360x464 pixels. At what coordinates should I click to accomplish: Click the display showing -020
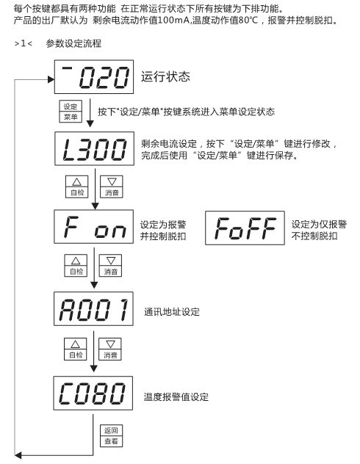[x=94, y=77]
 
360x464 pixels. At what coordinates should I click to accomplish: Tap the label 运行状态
[x=165, y=76]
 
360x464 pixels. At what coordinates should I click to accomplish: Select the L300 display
[x=95, y=148]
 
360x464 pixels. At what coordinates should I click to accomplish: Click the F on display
[x=93, y=227]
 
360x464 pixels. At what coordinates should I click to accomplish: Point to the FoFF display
[x=245, y=228]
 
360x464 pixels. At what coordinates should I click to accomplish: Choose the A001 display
[x=93, y=308]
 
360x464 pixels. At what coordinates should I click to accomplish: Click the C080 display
[x=93, y=394]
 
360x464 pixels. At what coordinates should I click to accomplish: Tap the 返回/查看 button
[x=111, y=436]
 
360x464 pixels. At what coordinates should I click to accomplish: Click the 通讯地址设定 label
[x=172, y=312]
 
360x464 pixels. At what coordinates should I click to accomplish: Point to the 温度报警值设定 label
[x=176, y=397]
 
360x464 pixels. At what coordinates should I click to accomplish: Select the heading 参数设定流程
[x=73, y=43]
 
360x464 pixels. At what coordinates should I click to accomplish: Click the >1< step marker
[x=23, y=43]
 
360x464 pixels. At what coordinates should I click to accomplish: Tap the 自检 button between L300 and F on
[x=77, y=186]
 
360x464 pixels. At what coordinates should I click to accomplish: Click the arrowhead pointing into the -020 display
[x=51, y=79]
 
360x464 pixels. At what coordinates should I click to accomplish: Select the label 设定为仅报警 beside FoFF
[x=319, y=225]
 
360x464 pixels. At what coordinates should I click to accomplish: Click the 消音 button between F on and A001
[x=110, y=266]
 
